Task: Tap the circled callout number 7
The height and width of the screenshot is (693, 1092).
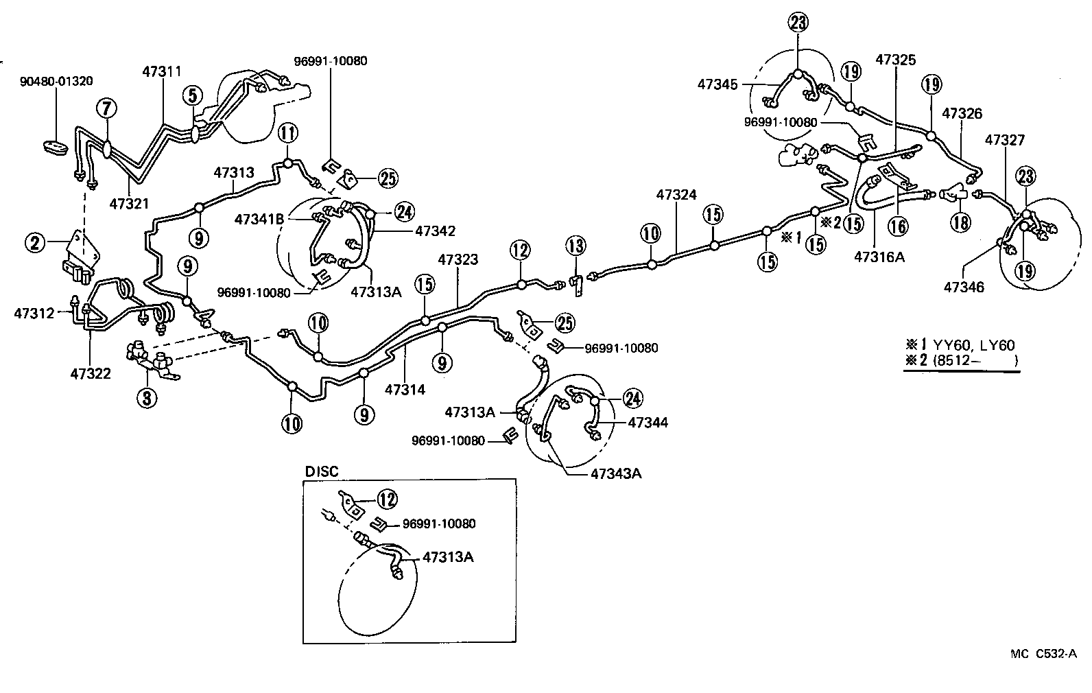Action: [x=107, y=108]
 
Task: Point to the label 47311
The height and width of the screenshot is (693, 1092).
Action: [x=162, y=71]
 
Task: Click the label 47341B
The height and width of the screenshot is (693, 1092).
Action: [x=259, y=220]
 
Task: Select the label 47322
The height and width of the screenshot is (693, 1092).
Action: [x=91, y=373]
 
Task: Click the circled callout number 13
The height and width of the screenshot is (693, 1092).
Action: [x=576, y=246]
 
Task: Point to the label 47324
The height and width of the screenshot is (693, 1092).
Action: [x=676, y=195]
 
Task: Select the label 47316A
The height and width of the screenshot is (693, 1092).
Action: [x=880, y=257]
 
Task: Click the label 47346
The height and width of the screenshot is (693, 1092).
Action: [x=964, y=287]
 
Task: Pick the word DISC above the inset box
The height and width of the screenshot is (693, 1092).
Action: [x=322, y=471]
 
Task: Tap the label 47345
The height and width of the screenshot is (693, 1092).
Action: [x=717, y=84]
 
